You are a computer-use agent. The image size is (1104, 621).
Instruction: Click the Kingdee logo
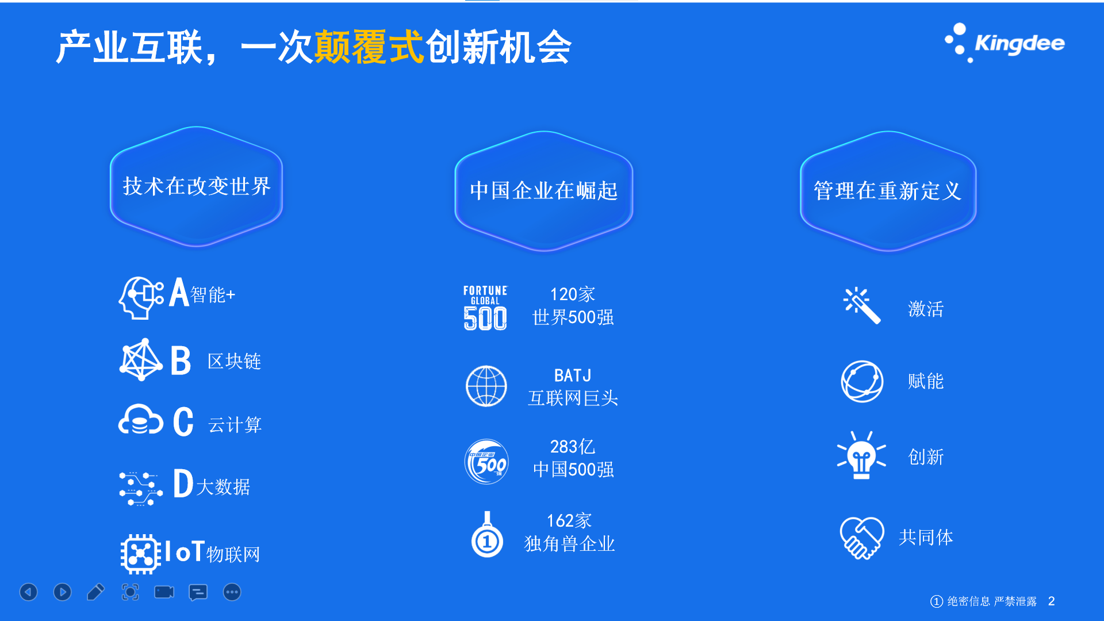(x=1005, y=43)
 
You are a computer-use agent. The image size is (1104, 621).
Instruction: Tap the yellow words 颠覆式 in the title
(x=369, y=47)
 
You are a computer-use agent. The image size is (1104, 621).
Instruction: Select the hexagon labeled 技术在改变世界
(x=196, y=186)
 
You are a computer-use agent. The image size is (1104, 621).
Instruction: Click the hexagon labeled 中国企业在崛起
(x=543, y=191)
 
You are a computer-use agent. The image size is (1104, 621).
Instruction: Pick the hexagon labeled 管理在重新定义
(x=888, y=191)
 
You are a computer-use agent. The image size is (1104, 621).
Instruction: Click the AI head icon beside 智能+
(x=141, y=297)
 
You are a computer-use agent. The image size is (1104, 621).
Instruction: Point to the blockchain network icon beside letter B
(x=141, y=359)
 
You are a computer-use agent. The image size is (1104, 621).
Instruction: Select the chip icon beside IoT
(x=140, y=554)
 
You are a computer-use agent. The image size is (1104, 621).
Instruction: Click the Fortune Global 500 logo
(x=485, y=308)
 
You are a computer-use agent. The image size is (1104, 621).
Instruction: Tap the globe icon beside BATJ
(x=486, y=386)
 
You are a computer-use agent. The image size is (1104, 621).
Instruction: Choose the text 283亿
(x=572, y=446)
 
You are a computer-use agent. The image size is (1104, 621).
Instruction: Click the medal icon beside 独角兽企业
(x=487, y=535)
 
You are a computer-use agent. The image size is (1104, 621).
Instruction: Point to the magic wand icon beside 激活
(x=861, y=305)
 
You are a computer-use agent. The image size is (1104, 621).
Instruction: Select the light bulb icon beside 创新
(x=861, y=455)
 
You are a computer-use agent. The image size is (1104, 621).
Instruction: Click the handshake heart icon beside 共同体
(x=861, y=538)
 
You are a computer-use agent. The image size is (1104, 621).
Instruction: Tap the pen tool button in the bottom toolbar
(x=96, y=592)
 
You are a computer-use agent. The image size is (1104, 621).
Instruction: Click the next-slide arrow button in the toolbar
(x=62, y=592)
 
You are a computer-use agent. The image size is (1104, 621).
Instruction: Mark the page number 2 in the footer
(x=1051, y=601)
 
